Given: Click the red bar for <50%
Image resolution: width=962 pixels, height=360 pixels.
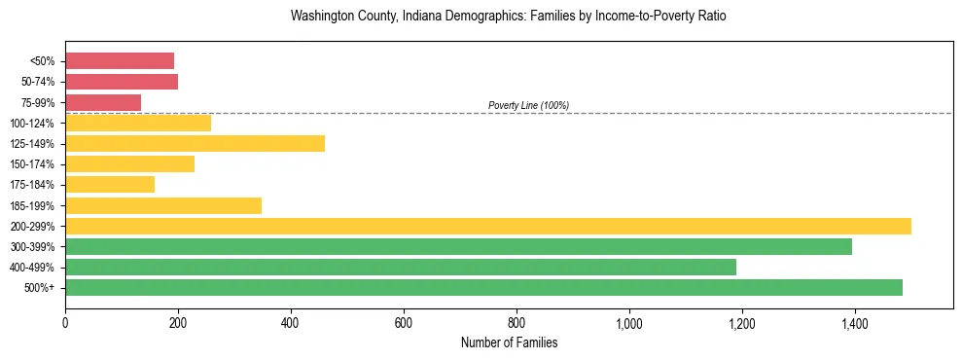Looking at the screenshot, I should [120, 60].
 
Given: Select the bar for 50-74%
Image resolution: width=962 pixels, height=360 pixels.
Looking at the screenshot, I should [122, 82].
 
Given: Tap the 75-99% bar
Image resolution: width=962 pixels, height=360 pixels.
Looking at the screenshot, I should [103, 102].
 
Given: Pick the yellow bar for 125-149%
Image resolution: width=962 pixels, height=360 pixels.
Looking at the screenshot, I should [195, 144].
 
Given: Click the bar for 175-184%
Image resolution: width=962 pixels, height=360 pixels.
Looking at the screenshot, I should [110, 185].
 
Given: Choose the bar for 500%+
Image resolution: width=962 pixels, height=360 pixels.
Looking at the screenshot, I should [483, 287].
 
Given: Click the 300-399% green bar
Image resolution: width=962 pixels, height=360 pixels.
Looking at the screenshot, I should [458, 246].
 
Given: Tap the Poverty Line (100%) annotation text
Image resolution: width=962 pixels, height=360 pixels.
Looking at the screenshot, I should [528, 105].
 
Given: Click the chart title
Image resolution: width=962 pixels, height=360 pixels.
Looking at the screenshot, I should [508, 17].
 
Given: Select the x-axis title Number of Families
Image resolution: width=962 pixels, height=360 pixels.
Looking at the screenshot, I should [508, 342].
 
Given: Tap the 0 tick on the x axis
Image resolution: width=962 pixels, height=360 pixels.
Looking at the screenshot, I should [65, 322].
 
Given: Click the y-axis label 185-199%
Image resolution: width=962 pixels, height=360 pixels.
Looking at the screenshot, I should [33, 205].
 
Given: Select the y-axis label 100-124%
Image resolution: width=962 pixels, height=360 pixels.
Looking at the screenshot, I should [33, 124].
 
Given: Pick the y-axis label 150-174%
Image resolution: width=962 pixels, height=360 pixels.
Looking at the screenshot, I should [33, 164].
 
